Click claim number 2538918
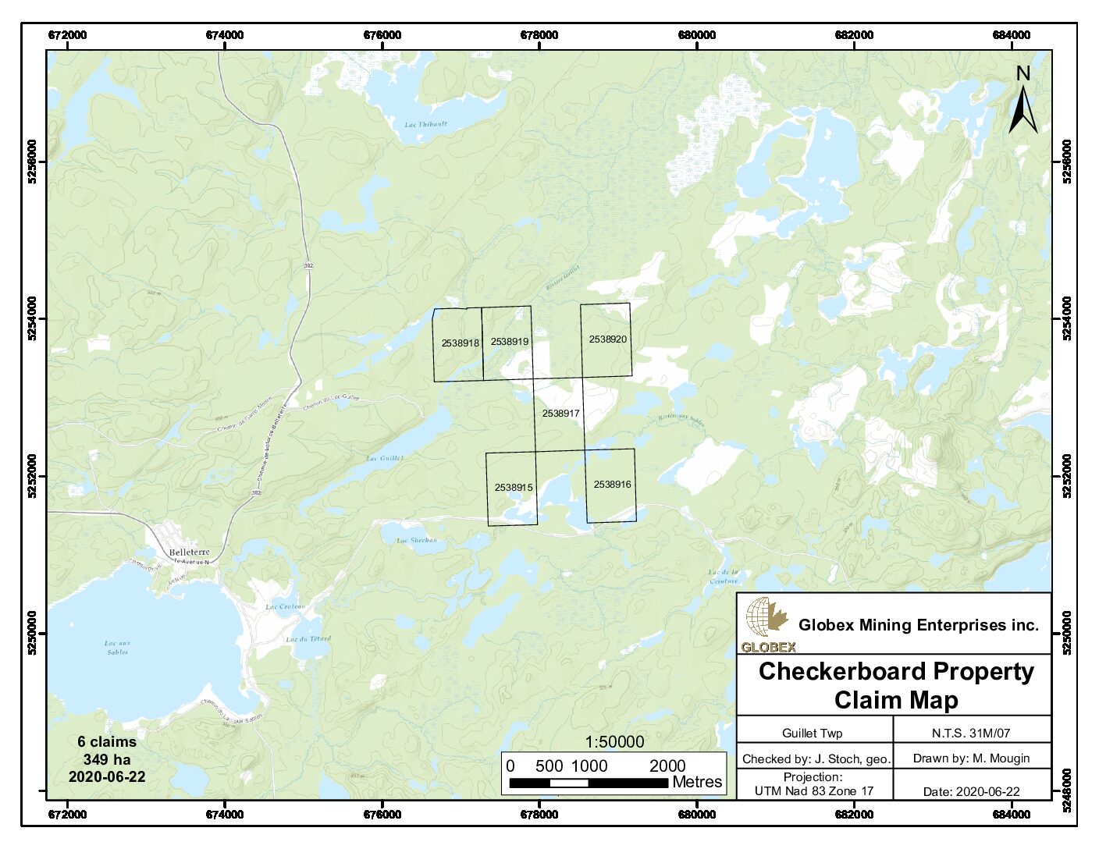point(460,343)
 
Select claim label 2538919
point(509,342)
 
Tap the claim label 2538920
point(607,339)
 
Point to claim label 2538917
point(560,414)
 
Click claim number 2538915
point(513,488)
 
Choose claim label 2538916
point(612,485)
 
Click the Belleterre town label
point(190,552)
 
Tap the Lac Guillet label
point(383,459)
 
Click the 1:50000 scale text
point(615,742)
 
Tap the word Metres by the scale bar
point(697,782)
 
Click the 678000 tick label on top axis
point(539,35)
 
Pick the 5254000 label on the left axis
point(33,319)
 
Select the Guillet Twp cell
point(812,734)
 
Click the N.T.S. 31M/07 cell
point(970,734)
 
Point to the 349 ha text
point(107,759)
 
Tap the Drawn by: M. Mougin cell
point(971,758)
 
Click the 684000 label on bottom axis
point(1011,815)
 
